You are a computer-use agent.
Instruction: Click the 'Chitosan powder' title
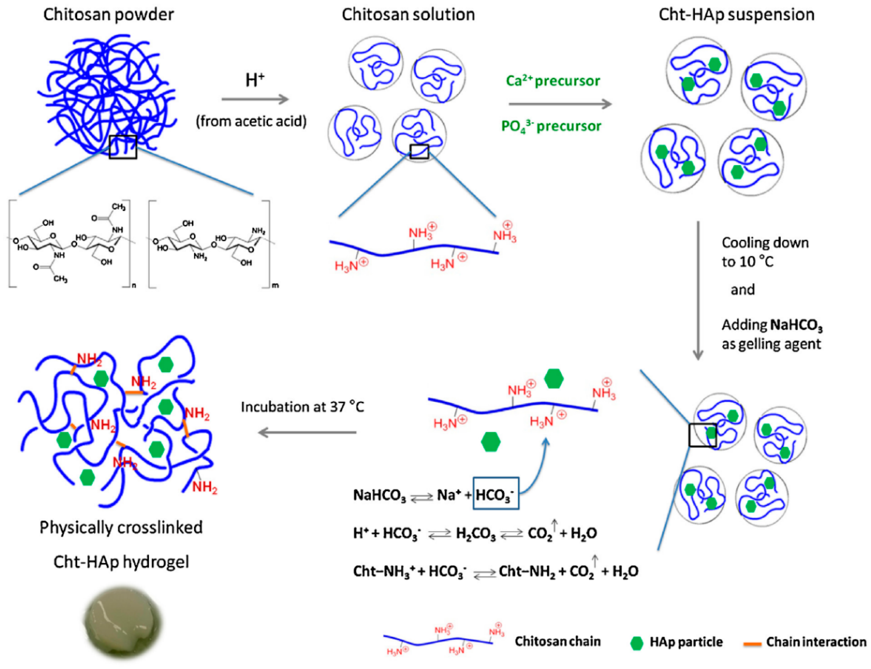[x=108, y=15]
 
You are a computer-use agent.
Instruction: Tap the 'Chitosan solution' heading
[x=408, y=15]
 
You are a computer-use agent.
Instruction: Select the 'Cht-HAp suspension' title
[x=736, y=15]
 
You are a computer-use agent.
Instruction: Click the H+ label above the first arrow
[x=255, y=80]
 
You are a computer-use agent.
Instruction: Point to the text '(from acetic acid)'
[x=251, y=121]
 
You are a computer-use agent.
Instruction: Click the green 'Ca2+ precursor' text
[x=553, y=81]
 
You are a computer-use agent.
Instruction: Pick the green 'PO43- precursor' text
[x=551, y=126]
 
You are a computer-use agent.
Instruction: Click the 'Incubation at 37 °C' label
[x=303, y=407]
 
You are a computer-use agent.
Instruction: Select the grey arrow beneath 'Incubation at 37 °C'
[x=307, y=432]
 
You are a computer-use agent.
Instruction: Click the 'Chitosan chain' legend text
[x=557, y=641]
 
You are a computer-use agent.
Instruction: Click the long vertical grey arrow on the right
[x=698, y=291]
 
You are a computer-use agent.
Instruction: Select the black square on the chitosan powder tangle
[x=123, y=147]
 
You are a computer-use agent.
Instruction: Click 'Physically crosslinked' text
[x=121, y=527]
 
